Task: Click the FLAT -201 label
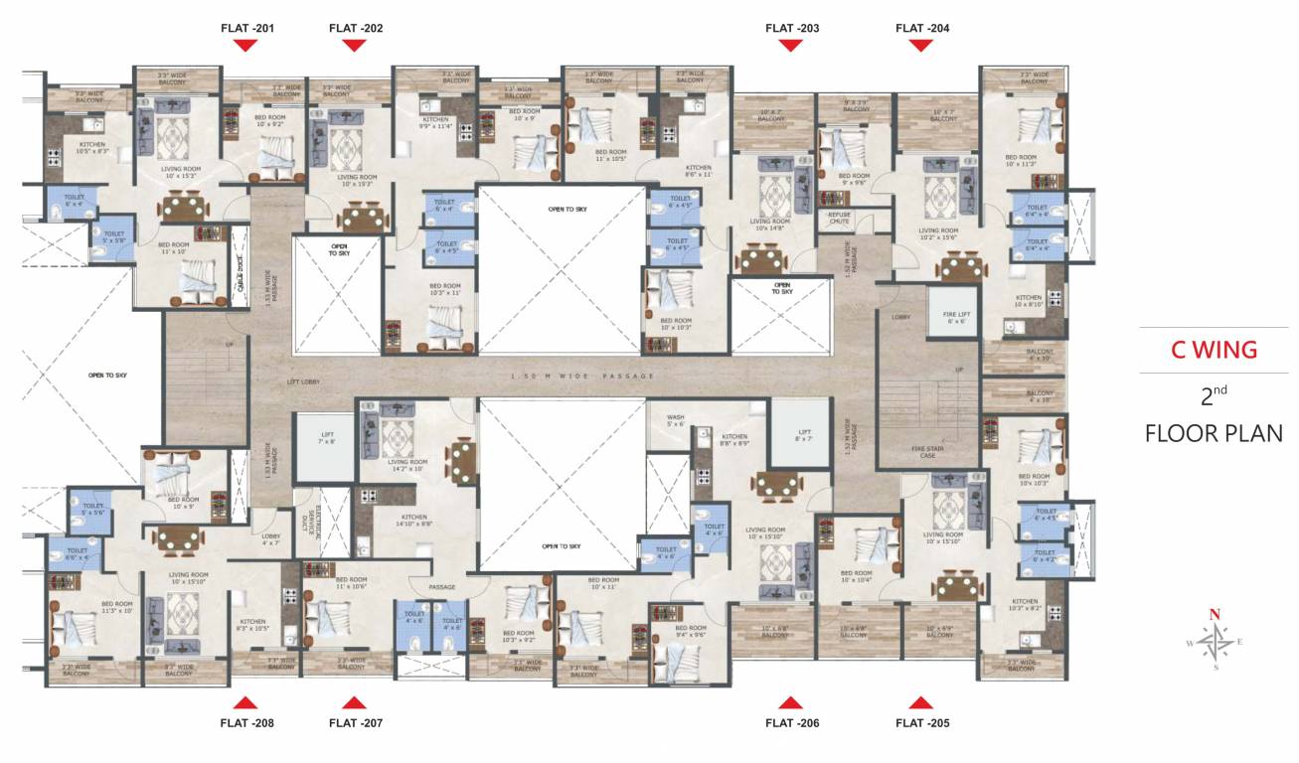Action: (247, 28)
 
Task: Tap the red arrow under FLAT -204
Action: (921, 46)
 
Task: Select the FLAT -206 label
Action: (792, 723)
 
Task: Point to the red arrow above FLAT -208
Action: (247, 703)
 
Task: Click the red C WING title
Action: (1213, 350)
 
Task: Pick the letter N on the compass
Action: (1214, 615)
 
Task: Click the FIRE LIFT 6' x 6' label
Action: (955, 318)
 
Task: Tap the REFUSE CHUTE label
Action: (840, 218)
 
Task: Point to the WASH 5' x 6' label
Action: (675, 421)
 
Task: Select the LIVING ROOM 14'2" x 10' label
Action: (407, 466)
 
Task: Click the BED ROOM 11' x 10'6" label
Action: (351, 583)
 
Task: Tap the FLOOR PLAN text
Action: (1213, 433)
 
